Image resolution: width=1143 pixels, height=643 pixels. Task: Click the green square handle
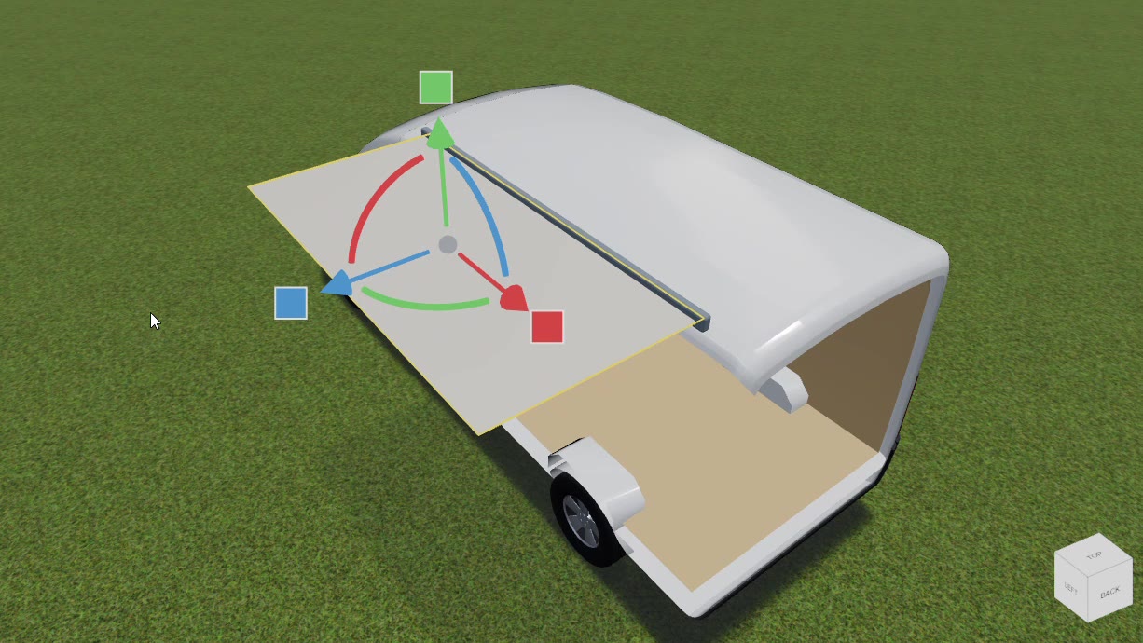(x=435, y=88)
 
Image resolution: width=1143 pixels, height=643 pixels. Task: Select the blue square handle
(x=291, y=303)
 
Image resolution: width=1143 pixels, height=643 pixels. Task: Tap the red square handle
(x=547, y=327)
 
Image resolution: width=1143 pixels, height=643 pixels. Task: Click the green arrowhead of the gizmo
(x=439, y=133)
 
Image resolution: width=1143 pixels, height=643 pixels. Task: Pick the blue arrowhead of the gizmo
(x=338, y=284)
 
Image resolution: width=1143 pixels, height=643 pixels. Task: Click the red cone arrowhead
(x=515, y=298)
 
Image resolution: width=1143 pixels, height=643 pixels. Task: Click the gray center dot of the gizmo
(x=448, y=245)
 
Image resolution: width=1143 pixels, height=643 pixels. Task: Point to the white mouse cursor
(x=155, y=321)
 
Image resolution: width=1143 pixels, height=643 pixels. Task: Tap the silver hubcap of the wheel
(x=582, y=521)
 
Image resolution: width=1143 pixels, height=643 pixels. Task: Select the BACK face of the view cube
(x=1110, y=593)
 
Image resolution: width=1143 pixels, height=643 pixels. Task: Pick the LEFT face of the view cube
(x=1070, y=589)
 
